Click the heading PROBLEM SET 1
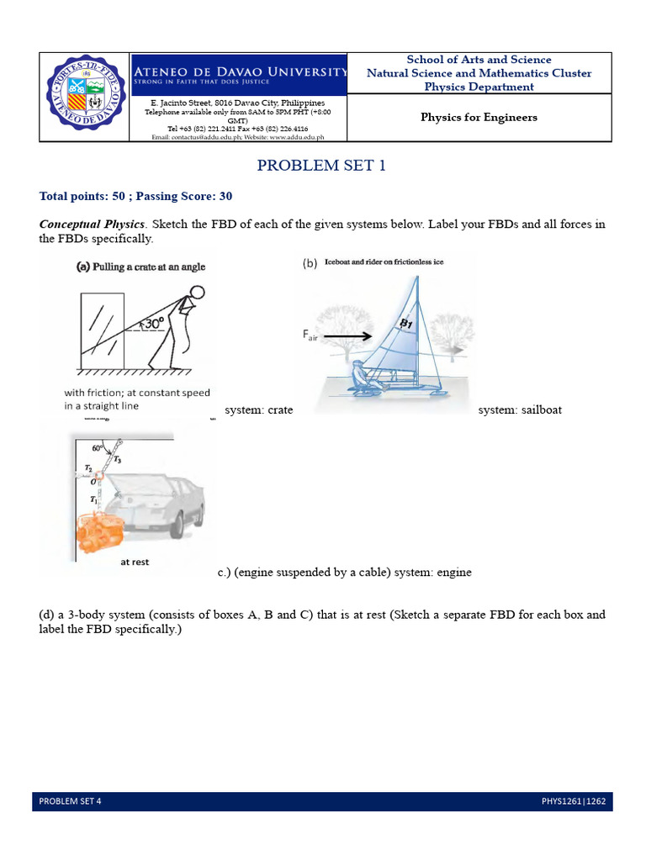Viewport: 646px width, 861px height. tap(322, 166)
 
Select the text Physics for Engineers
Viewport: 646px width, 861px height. tap(479, 117)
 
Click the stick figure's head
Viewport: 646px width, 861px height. tap(196, 294)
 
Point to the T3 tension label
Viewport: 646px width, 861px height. tap(117, 459)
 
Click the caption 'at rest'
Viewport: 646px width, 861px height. tap(135, 562)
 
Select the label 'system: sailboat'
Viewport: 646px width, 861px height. tap(520, 410)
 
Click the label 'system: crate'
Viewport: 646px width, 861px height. tap(259, 410)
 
